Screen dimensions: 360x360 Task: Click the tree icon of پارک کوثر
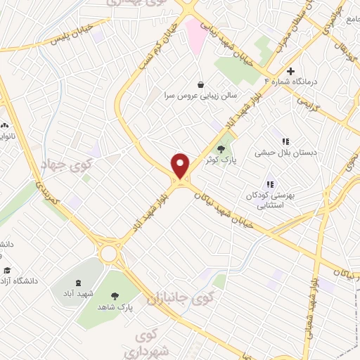point(222,148)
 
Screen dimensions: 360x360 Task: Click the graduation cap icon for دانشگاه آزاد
point(7,271)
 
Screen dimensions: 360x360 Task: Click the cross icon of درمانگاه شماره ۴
point(290,72)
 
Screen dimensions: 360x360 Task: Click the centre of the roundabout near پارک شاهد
point(109,252)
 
